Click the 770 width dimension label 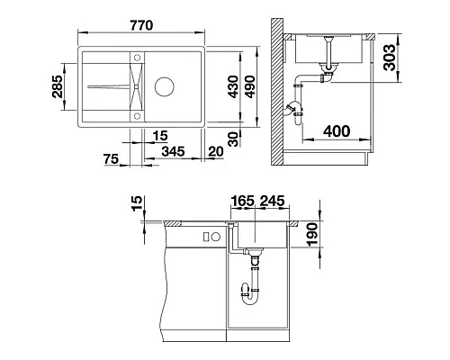pos(141,25)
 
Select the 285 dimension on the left pos(58,86)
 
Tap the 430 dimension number pos(233,87)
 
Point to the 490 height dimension pos(249,87)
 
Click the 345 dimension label pos(173,151)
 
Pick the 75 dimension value pos(112,158)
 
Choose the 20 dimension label pos(216,151)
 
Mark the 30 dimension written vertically pos(233,139)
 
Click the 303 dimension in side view pos(390,58)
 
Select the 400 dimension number pos(337,131)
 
